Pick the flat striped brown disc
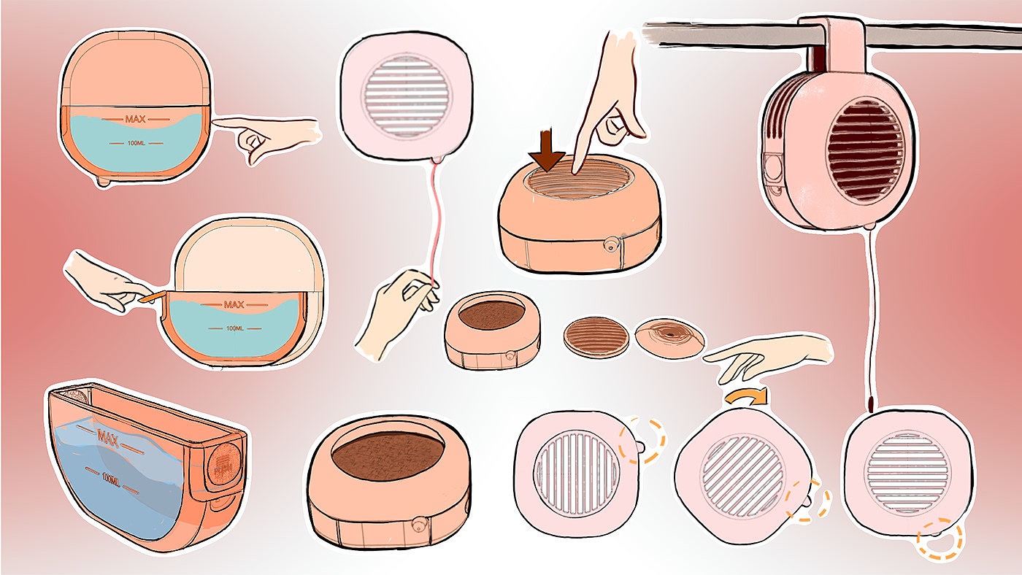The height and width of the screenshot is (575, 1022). [596, 337]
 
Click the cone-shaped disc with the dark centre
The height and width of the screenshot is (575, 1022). [669, 334]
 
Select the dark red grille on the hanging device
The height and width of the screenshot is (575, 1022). [865, 150]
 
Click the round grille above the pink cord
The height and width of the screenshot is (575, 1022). [407, 95]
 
